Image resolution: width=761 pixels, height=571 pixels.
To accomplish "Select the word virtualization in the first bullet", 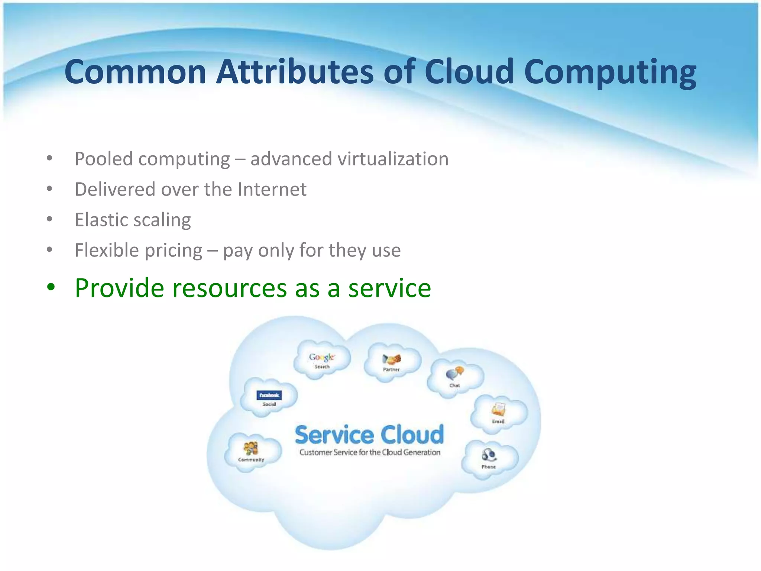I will (x=393, y=159).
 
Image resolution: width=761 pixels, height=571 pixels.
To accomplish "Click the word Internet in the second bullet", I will (x=272, y=189).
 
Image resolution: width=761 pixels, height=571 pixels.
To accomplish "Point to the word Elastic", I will (x=100, y=220).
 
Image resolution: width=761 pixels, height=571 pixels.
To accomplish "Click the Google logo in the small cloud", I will (x=322, y=357).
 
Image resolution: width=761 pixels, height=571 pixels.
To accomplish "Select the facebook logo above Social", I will (x=269, y=395).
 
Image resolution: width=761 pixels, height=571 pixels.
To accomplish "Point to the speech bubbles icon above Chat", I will (x=455, y=373).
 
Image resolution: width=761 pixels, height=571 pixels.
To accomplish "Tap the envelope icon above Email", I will (x=498, y=410).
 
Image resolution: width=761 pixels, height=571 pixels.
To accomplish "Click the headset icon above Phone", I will (x=489, y=455).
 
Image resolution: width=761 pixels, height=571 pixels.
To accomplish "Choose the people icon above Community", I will (x=251, y=448).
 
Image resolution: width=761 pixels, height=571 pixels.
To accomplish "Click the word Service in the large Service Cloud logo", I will (x=334, y=435).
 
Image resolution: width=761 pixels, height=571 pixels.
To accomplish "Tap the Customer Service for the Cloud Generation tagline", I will (x=370, y=452).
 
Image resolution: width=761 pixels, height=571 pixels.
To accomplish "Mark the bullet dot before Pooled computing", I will (x=50, y=158).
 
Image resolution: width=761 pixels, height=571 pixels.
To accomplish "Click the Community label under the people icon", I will (x=251, y=460).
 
